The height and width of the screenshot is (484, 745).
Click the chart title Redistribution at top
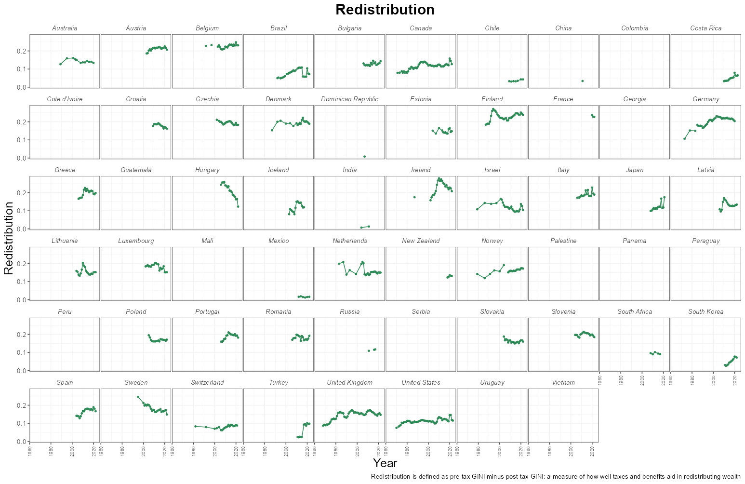[x=385, y=10]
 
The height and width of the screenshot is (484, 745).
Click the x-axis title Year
[x=385, y=463]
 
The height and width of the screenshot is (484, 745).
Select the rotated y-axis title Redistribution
[x=9, y=238]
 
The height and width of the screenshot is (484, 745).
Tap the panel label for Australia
[x=65, y=28]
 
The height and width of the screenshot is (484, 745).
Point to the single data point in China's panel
[x=583, y=81]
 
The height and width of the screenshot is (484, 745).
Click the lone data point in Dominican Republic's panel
[x=364, y=156]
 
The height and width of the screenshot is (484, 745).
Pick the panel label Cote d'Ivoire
[x=65, y=99]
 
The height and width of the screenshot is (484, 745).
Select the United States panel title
[x=421, y=383]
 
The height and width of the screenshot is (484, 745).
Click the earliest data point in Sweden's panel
[x=138, y=397]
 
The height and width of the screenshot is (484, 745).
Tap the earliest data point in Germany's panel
[x=684, y=139]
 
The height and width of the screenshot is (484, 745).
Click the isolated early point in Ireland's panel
[x=414, y=197]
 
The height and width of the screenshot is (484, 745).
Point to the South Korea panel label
[x=705, y=312]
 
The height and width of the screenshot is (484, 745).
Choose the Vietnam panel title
[x=563, y=383]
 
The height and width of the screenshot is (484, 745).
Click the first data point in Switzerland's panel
[x=195, y=426]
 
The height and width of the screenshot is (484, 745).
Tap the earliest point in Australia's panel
[x=60, y=64]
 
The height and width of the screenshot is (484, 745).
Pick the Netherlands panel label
[x=349, y=241]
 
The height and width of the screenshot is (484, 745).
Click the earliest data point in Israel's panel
[x=477, y=209]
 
